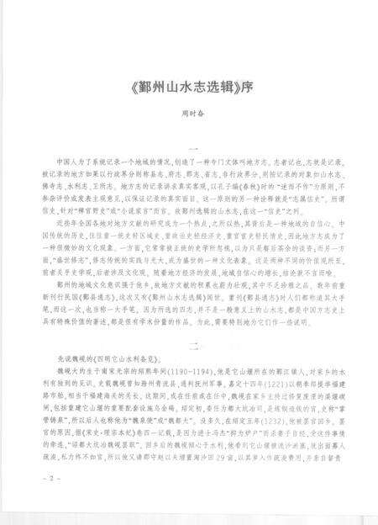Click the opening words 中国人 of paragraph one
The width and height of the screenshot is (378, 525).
tap(61, 160)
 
